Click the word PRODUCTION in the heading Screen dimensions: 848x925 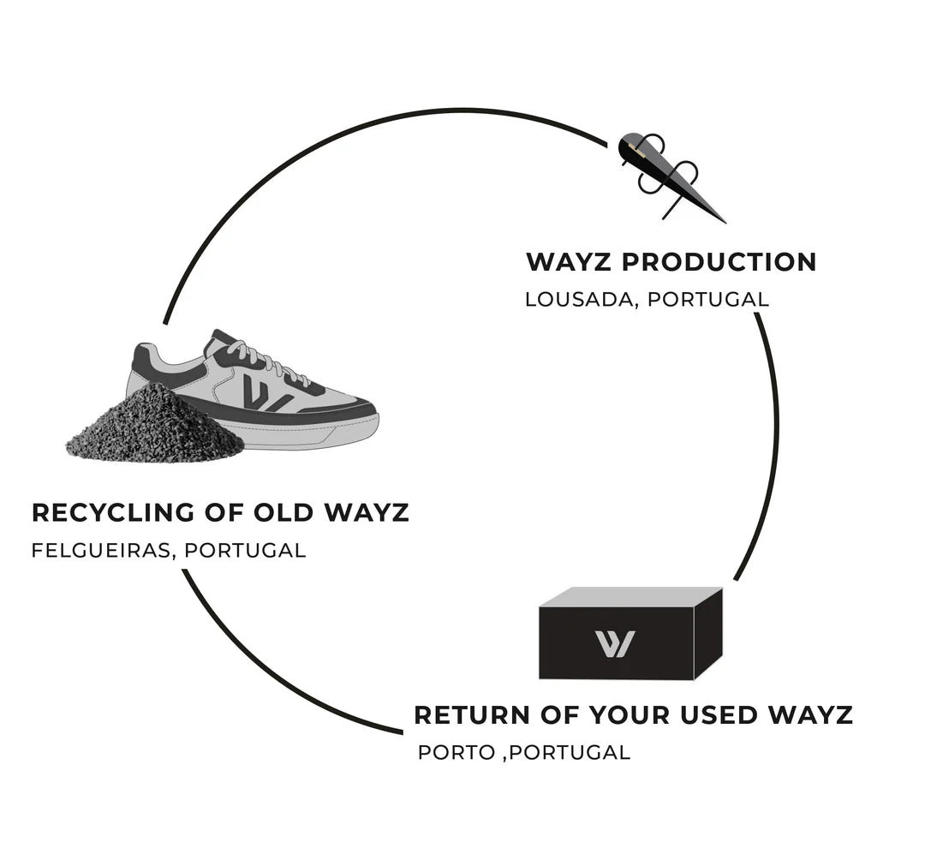click(719, 262)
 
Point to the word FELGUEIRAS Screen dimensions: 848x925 click(103, 550)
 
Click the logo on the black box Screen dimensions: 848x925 click(614, 644)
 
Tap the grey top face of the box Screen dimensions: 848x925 click(630, 597)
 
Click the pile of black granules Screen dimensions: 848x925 click(155, 426)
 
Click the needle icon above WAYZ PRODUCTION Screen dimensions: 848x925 click(671, 176)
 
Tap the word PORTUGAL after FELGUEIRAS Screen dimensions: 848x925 click(245, 550)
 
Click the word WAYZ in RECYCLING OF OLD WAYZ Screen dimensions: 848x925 click(367, 513)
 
